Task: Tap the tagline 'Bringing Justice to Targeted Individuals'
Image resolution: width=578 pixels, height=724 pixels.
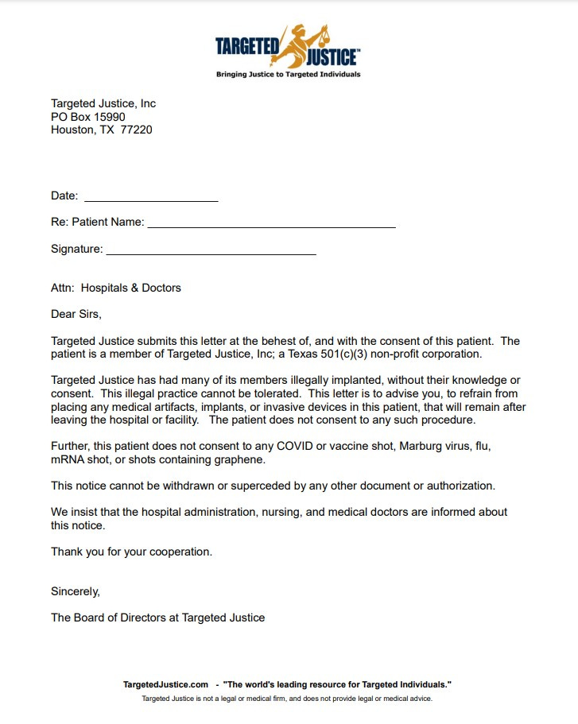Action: (x=289, y=75)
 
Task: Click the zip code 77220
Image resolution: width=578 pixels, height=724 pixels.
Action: (x=136, y=130)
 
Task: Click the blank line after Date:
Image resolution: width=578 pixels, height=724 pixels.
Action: (x=151, y=196)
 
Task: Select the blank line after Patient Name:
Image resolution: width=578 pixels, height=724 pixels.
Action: (x=271, y=223)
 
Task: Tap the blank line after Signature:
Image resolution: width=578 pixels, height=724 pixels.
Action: (x=211, y=250)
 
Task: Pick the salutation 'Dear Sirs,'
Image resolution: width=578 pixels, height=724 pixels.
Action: (x=76, y=314)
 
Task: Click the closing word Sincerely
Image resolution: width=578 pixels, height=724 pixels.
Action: (x=75, y=591)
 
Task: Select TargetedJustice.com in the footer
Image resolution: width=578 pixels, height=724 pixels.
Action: (x=165, y=684)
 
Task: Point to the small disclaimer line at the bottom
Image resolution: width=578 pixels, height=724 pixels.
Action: (x=287, y=699)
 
